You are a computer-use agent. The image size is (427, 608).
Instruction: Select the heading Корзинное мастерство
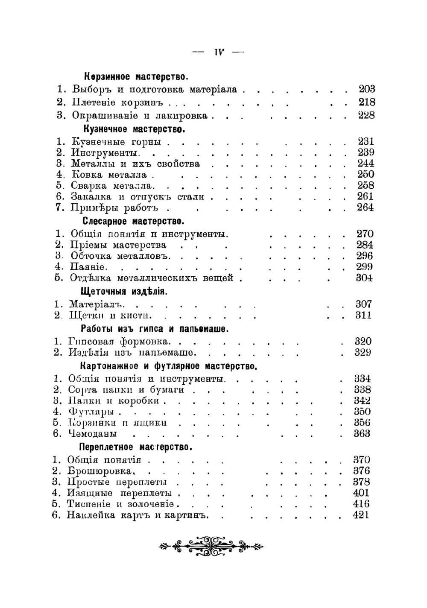tap(136, 77)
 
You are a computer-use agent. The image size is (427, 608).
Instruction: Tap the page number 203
tap(366, 89)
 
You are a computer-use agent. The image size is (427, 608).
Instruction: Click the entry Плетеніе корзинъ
tap(118, 102)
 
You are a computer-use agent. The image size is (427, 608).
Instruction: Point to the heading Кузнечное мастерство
tap(134, 129)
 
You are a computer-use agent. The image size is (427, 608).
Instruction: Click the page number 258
tap(365, 185)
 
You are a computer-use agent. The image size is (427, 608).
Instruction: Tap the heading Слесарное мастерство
tap(133, 221)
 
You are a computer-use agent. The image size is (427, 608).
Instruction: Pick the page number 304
tap(364, 278)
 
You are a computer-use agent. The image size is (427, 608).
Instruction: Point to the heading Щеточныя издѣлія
tap(124, 292)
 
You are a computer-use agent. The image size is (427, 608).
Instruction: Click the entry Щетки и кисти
tap(110, 316)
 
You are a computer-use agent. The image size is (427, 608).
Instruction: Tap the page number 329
tap(363, 352)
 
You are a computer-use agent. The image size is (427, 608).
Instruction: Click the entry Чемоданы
tap(92, 434)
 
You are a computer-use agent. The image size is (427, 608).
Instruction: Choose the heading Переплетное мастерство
tap(135, 447)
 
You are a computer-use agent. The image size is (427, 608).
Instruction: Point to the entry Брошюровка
tap(101, 471)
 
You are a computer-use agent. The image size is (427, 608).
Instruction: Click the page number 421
tap(361, 515)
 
